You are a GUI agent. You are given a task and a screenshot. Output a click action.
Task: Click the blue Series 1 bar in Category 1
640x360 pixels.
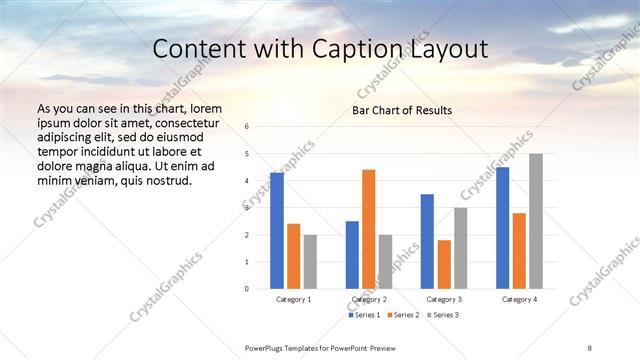click(x=277, y=231)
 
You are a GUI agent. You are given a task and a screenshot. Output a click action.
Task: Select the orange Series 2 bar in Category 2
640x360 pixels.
click(x=368, y=229)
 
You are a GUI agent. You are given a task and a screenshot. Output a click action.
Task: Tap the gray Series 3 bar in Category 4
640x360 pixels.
click(x=536, y=221)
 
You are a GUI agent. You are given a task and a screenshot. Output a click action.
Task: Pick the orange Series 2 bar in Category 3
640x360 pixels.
click(x=444, y=264)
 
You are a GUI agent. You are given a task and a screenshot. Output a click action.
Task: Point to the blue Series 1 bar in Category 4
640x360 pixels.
click(x=502, y=228)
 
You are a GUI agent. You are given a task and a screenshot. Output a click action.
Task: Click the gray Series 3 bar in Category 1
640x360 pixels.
click(x=310, y=262)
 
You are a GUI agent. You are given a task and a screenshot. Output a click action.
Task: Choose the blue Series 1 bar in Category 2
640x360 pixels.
click(x=352, y=255)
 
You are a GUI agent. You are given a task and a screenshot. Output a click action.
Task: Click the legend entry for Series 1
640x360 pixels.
click(x=365, y=315)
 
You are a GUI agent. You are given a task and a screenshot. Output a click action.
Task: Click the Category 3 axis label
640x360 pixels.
click(x=443, y=299)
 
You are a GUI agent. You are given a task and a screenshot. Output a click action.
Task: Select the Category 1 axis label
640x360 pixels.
click(x=293, y=299)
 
